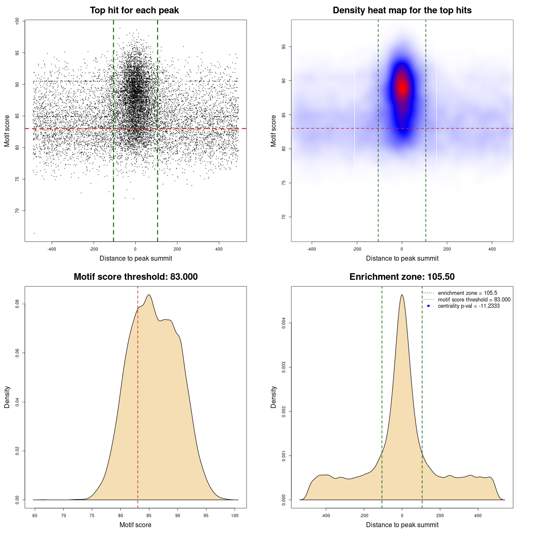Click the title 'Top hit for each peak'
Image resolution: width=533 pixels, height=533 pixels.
point(134,10)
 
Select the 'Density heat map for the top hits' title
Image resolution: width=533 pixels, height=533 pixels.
point(402,10)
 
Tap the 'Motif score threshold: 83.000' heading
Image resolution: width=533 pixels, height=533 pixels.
point(135,277)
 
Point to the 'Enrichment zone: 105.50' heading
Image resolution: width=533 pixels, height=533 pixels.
point(402,277)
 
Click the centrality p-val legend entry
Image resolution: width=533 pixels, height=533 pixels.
point(468,306)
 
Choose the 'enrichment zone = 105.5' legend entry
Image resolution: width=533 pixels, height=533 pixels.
point(467,293)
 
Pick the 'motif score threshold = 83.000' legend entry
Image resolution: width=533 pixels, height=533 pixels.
point(474,300)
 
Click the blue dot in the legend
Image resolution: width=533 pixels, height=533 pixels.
point(428,306)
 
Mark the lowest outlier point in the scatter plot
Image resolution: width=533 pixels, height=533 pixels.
point(34,233)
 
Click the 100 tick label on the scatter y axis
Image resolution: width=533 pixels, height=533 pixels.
point(17,21)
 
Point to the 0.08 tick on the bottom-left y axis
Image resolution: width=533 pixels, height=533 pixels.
point(17,304)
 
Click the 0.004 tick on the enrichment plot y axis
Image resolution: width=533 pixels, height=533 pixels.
point(284,323)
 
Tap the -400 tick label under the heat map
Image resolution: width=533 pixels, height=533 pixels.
point(311,249)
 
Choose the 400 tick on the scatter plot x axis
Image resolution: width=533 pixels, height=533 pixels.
point(219,249)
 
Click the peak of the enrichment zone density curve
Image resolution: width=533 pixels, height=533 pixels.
point(402,295)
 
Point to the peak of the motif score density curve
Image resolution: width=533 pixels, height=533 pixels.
point(148,295)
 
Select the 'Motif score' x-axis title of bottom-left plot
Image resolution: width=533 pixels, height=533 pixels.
point(135,525)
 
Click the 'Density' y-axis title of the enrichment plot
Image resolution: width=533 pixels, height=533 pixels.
point(274,397)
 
